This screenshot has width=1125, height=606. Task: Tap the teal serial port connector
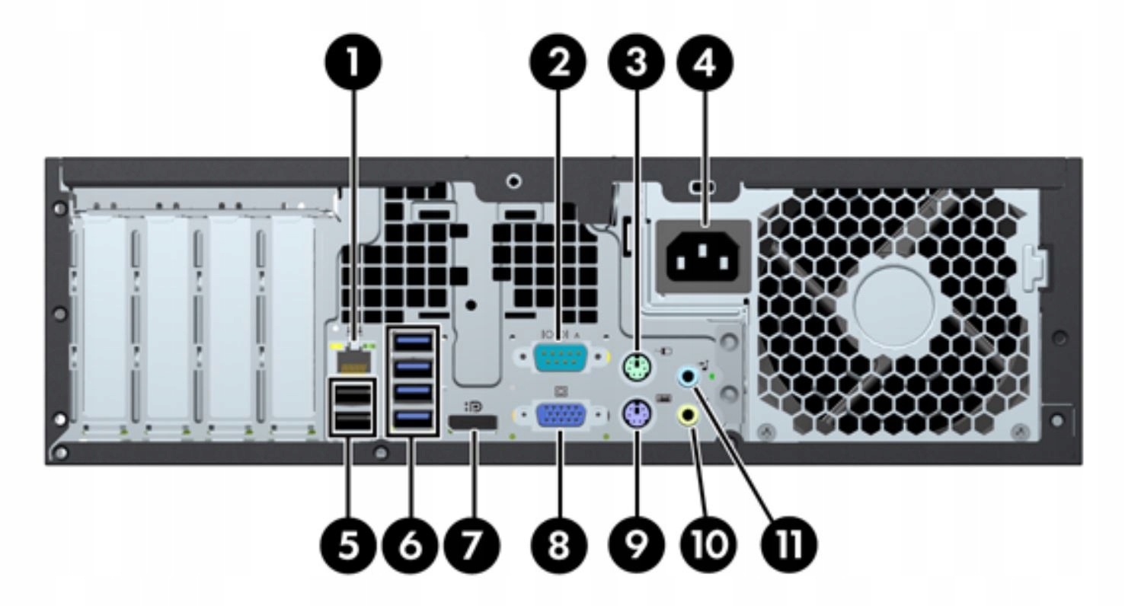(561, 357)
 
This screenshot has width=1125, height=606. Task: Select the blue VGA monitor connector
(561, 417)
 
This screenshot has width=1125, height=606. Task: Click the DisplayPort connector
(473, 424)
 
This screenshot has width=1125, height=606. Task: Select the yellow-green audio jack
(689, 416)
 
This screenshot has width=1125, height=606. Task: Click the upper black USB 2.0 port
(353, 396)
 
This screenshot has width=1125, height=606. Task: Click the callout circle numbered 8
(559, 546)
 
